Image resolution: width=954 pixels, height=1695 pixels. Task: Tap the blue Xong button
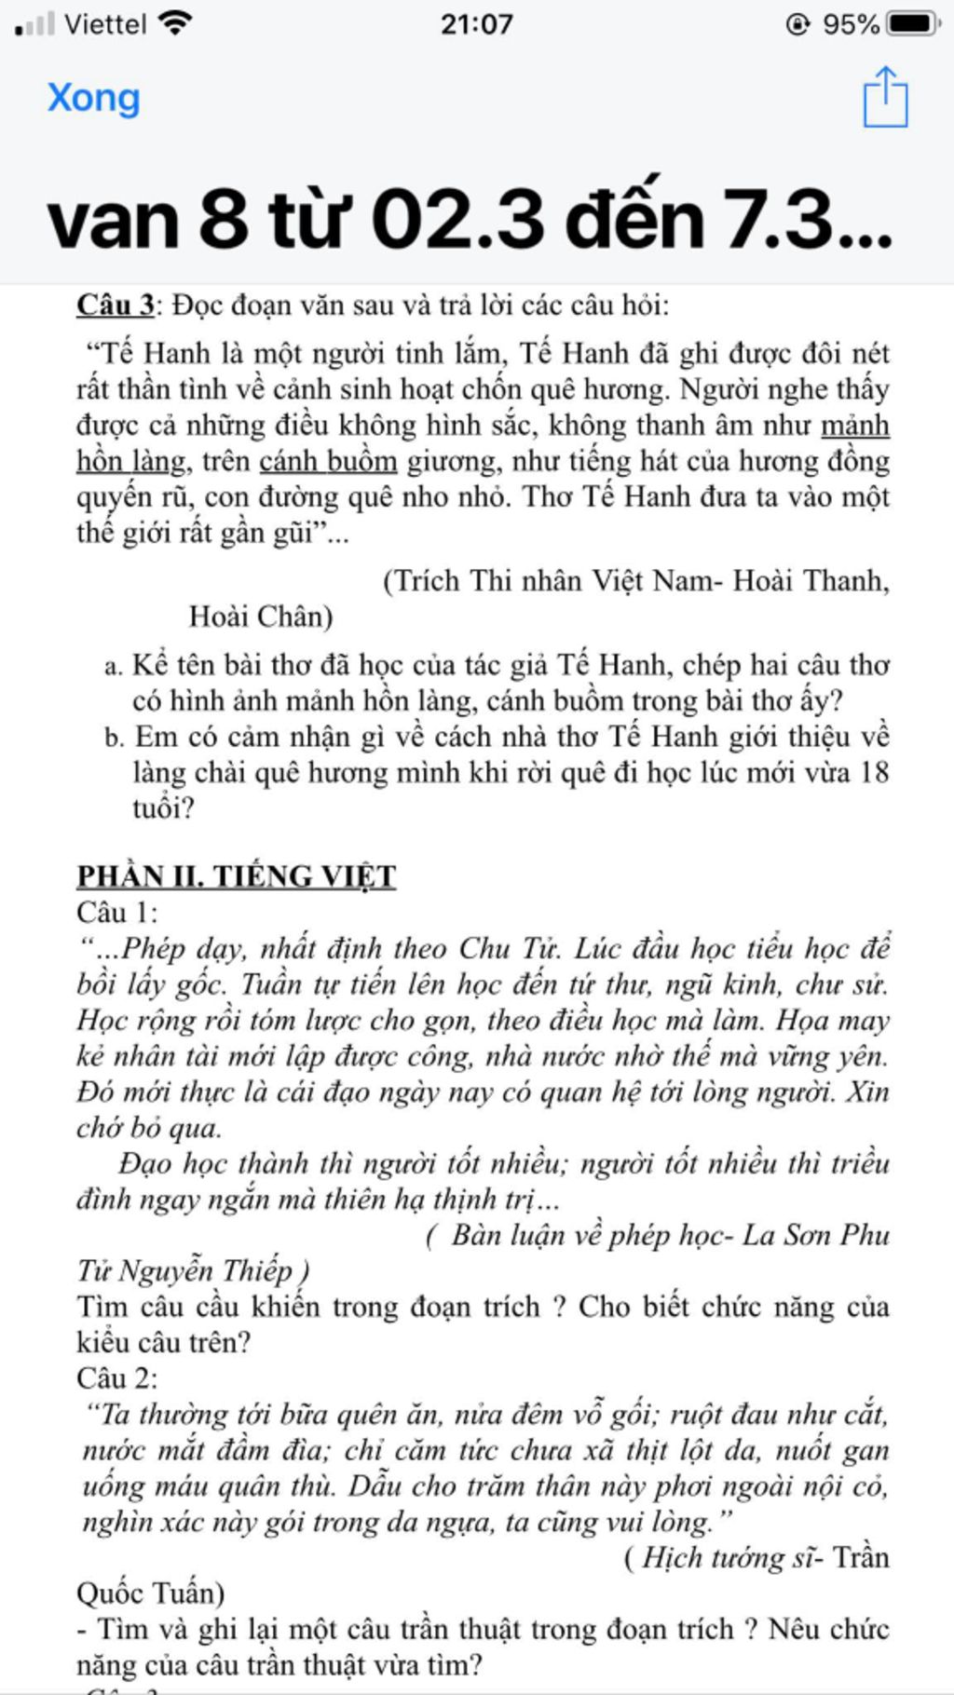pyautogui.click(x=93, y=98)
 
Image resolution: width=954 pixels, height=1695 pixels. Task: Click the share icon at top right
pyautogui.click(x=884, y=97)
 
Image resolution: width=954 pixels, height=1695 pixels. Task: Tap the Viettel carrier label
pyautogui.click(x=105, y=23)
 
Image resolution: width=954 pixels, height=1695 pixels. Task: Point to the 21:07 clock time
pyautogui.click(x=476, y=23)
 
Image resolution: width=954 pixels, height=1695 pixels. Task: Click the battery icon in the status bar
pyautogui.click(x=913, y=23)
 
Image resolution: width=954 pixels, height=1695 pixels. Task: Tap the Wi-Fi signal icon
pyautogui.click(x=174, y=23)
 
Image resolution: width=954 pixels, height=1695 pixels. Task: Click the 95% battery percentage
pyautogui.click(x=851, y=23)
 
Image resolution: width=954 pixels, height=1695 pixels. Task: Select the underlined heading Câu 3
pyautogui.click(x=116, y=305)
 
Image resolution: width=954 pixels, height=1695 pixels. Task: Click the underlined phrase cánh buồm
pyautogui.click(x=328, y=461)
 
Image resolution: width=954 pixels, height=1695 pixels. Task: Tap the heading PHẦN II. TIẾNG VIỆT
pyautogui.click(x=236, y=876)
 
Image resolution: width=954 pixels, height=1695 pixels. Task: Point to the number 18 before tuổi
pyautogui.click(x=873, y=772)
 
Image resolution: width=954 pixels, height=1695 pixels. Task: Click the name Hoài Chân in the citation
pyautogui.click(x=260, y=617)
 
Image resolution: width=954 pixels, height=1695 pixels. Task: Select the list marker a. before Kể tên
pyautogui.click(x=113, y=666)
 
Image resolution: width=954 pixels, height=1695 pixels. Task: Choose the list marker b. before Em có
pyautogui.click(x=114, y=738)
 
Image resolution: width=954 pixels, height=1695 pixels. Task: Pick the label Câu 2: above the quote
pyautogui.click(x=117, y=1378)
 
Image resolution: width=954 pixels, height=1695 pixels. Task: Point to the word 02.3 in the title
pyautogui.click(x=457, y=221)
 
